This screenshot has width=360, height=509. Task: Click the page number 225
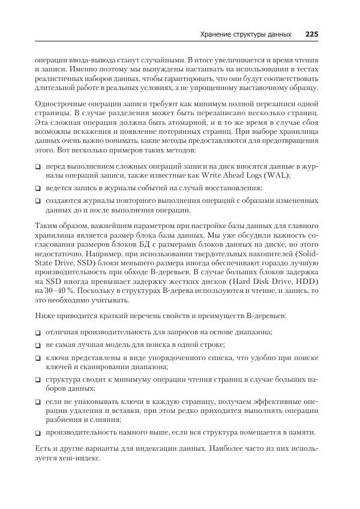[x=311, y=34]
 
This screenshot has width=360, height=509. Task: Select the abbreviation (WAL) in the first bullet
[x=277, y=175]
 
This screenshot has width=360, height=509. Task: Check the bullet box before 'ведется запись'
[x=38, y=188]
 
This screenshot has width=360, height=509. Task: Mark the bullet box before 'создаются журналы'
[x=38, y=201]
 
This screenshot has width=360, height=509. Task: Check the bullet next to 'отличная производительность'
[x=38, y=332]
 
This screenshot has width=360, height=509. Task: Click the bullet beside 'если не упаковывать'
[x=38, y=402]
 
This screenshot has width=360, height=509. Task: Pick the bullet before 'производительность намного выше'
[x=38, y=432]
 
